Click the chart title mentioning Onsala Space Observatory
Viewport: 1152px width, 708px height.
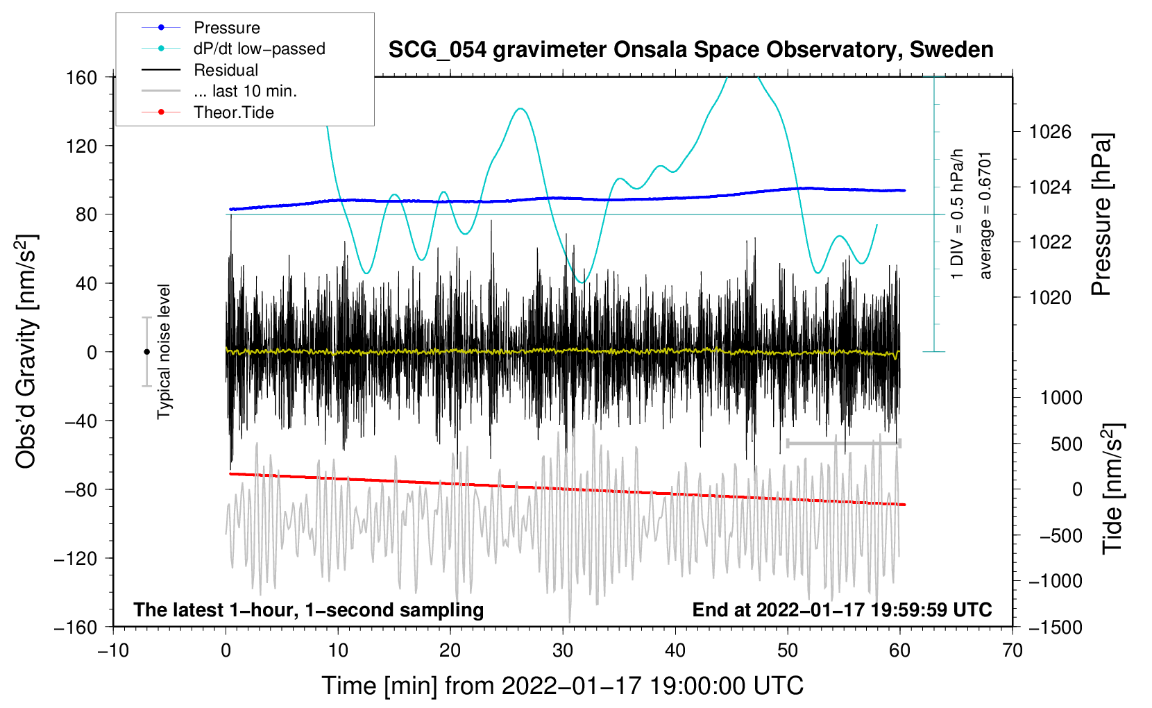[691, 50]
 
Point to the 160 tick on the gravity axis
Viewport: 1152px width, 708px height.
[81, 78]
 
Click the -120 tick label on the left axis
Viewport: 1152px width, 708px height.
[76, 558]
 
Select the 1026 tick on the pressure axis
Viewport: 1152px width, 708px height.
[1050, 133]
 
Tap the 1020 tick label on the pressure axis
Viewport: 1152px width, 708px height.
[1050, 297]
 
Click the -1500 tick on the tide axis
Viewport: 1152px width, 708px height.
[1056, 627]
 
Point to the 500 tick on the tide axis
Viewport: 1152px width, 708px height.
[1066, 444]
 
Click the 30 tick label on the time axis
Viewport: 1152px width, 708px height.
[563, 651]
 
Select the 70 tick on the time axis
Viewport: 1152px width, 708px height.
[1012, 651]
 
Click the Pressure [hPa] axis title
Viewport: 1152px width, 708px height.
[1101, 214]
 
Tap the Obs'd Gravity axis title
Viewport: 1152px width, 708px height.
[27, 352]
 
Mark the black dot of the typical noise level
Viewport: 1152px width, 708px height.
[146, 352]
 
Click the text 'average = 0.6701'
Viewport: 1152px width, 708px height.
[985, 216]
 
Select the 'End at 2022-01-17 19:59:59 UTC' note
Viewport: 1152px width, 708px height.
[842, 609]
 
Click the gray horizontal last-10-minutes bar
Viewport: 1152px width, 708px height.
[843, 443]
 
